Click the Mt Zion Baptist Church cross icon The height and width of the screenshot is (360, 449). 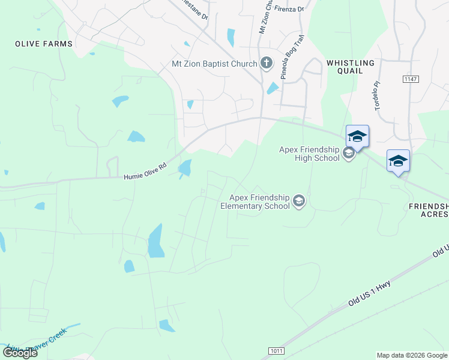(267, 62)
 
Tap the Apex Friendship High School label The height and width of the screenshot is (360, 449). (309, 154)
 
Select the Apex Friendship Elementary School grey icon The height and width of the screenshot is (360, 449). (299, 202)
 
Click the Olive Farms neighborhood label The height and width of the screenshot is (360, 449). (44, 44)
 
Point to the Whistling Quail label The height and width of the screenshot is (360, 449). (351, 67)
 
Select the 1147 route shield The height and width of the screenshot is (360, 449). (411, 79)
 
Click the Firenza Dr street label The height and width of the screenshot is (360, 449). (289, 8)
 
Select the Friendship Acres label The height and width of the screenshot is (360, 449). (429, 210)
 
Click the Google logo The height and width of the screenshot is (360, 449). (20, 353)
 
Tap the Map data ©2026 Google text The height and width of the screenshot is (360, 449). (412, 355)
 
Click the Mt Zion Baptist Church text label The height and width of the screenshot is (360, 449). (214, 62)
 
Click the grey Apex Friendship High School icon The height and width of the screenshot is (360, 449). (348, 154)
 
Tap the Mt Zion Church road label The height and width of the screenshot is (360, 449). (263, 18)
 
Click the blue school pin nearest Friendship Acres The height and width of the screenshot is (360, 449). (398, 161)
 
